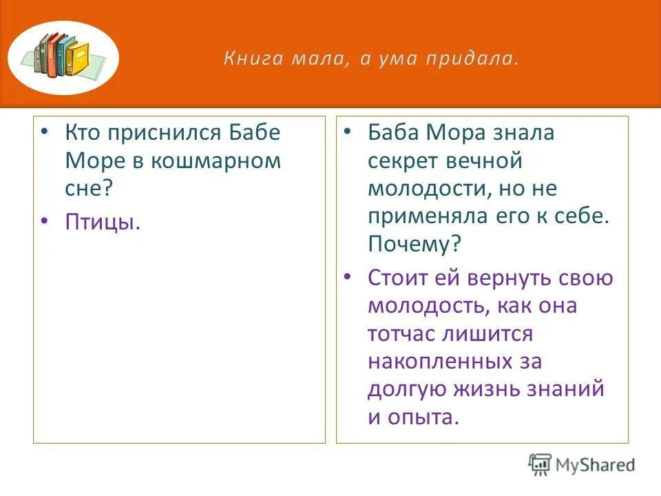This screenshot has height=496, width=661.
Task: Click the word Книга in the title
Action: click(246, 59)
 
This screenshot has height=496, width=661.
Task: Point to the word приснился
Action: click(162, 133)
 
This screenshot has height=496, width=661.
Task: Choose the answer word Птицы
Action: click(103, 222)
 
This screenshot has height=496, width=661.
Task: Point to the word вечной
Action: click(491, 161)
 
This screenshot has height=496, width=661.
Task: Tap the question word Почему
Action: click(416, 245)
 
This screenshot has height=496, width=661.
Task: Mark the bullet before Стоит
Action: click(348, 277)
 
